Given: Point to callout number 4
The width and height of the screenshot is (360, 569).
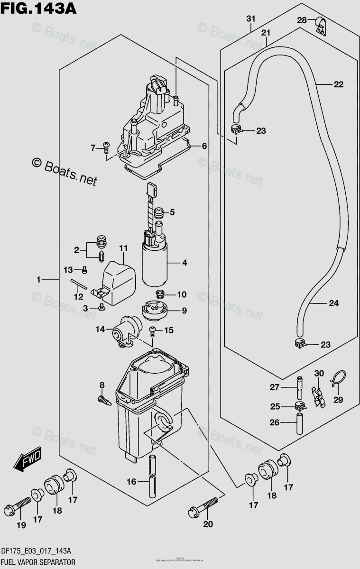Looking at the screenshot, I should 184,262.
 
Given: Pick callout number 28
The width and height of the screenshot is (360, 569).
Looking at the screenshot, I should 302,19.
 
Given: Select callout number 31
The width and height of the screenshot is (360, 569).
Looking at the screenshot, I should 250,18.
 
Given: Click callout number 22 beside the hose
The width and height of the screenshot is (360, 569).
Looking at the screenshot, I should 338,85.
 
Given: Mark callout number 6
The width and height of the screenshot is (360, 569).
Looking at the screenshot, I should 204,146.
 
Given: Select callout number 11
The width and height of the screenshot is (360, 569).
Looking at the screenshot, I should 123,248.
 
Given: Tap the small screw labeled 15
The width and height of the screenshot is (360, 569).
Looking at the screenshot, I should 153,330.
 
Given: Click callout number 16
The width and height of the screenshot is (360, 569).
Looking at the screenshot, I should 131,482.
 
